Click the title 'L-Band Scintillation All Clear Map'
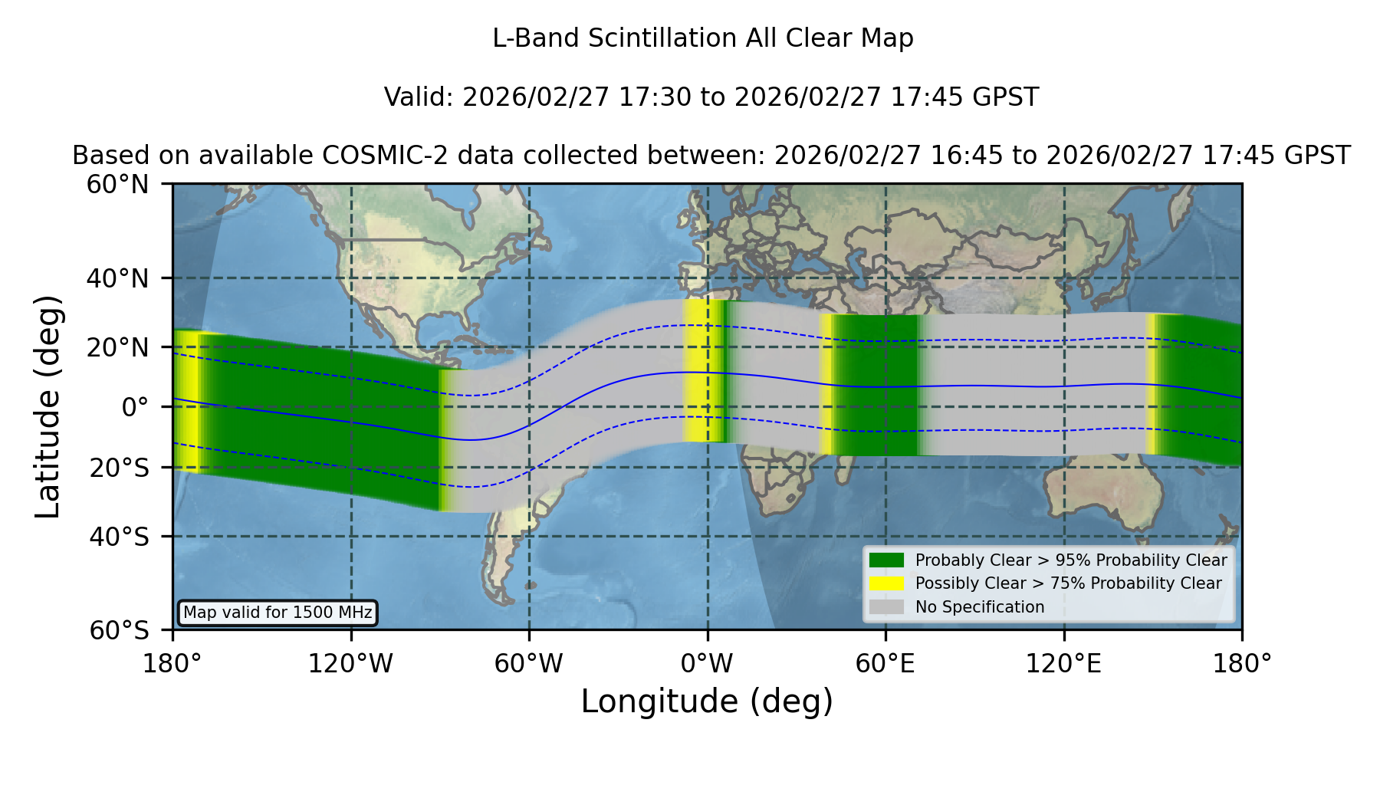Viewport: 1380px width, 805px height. tap(702, 38)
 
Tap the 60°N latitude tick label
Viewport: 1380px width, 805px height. tap(118, 184)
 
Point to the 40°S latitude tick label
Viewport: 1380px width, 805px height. tap(120, 537)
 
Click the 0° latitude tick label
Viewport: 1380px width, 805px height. tap(136, 407)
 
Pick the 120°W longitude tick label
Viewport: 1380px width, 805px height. tap(350, 663)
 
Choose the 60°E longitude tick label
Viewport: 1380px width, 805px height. tap(886, 663)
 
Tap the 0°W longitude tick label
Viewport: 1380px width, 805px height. tap(707, 663)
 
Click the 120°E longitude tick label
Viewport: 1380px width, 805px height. tap(1063, 663)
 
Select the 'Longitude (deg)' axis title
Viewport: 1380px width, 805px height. tap(707, 701)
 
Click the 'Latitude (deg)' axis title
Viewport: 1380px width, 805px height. tap(48, 406)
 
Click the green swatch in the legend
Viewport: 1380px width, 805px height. tap(887, 560)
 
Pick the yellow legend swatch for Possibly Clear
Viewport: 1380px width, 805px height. tap(887, 583)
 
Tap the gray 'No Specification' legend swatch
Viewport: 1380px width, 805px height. tap(887, 607)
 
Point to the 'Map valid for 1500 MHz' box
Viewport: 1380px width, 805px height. tap(278, 613)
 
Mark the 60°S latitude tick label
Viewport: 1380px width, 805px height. tap(120, 630)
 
